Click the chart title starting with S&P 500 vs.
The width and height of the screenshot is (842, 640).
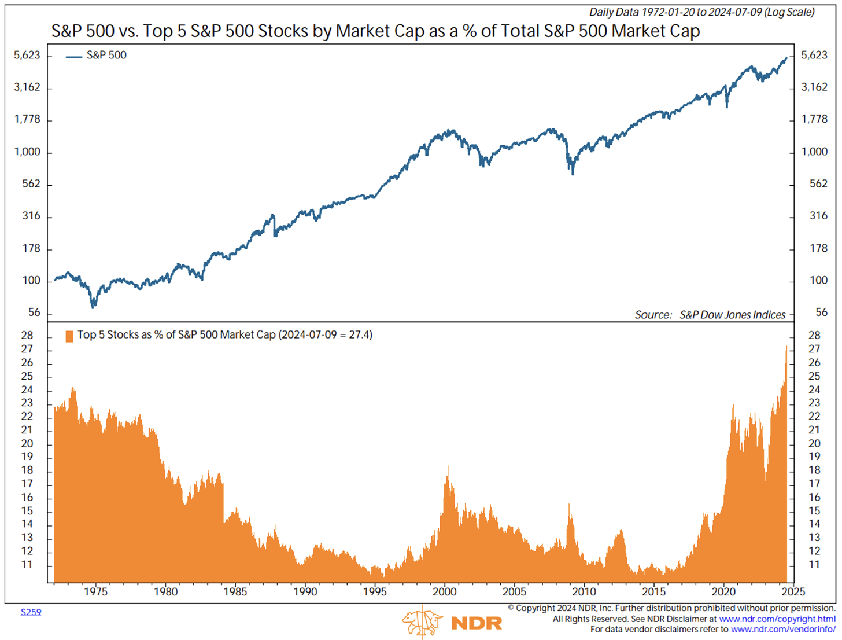click(375, 31)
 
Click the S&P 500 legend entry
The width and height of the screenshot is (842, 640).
click(106, 56)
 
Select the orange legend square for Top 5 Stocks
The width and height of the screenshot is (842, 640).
click(69, 336)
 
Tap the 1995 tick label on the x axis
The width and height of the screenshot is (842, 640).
click(375, 591)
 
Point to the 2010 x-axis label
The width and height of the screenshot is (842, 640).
click(584, 591)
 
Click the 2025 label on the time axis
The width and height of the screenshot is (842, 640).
click(793, 591)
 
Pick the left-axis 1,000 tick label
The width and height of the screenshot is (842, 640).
click(27, 152)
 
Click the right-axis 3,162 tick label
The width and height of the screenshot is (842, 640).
click(814, 87)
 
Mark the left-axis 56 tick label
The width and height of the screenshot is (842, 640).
click(34, 312)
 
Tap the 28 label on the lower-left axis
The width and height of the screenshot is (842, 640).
click(27, 336)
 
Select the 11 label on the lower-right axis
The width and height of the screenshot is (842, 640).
click(814, 565)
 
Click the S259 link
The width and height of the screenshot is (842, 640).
click(31, 612)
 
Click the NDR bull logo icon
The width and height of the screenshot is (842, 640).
click(422, 622)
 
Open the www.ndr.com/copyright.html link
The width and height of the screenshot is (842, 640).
click(777, 619)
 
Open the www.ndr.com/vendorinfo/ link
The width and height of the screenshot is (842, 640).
click(783, 629)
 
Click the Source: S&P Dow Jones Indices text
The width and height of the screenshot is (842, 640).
click(710, 315)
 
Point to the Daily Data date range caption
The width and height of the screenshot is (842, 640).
click(701, 12)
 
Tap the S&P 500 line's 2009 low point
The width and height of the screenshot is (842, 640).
click(573, 173)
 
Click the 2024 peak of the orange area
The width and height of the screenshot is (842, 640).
click(786, 347)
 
